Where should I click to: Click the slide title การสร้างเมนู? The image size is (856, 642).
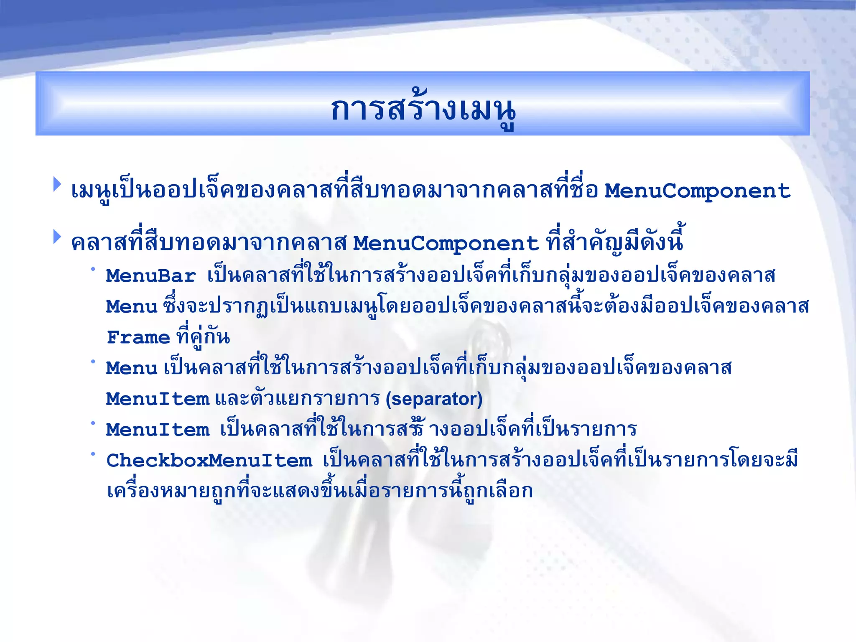(x=423, y=110)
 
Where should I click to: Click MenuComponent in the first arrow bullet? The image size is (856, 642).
(x=697, y=191)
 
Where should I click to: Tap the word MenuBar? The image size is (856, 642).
(x=151, y=276)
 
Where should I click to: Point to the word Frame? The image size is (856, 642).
(x=138, y=337)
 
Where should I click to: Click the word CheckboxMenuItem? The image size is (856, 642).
(x=209, y=461)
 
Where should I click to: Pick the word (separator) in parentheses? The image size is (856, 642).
(x=434, y=399)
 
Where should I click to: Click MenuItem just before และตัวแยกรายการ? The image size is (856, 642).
(x=158, y=399)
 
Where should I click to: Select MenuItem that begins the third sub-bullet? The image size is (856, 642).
(x=158, y=430)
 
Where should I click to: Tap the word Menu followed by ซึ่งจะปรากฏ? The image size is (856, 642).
(x=132, y=307)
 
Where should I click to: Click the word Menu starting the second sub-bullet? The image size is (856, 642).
(x=132, y=368)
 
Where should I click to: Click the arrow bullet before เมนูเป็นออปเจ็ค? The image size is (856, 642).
(x=57, y=184)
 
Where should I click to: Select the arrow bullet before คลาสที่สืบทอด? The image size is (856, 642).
(x=57, y=237)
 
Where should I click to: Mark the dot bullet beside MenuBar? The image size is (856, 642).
(x=93, y=269)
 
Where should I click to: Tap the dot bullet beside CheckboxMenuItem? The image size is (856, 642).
(x=93, y=453)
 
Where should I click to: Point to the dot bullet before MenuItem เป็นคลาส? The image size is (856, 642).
(x=93, y=423)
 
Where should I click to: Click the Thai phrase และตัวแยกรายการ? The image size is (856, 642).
(x=297, y=399)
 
